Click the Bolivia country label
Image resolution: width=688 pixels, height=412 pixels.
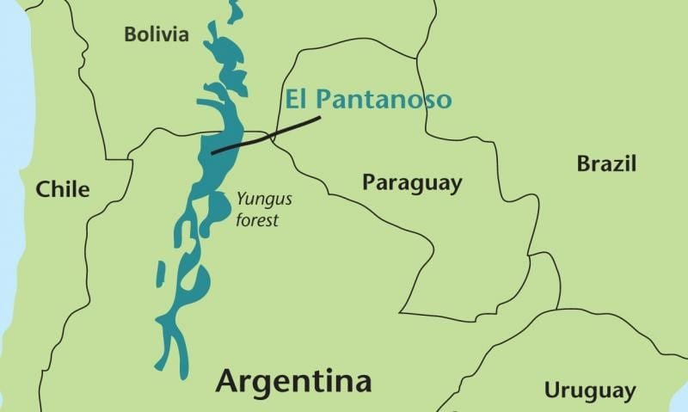(x=156, y=35)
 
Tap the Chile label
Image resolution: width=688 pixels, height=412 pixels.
(x=62, y=189)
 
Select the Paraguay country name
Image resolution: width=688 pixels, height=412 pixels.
(x=411, y=183)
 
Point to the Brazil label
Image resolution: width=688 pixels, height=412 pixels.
(x=606, y=163)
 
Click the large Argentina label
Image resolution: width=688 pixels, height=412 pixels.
(x=293, y=380)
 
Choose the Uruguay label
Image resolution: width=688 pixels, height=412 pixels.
(x=590, y=390)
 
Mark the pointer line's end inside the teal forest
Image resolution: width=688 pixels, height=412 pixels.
(x=212, y=153)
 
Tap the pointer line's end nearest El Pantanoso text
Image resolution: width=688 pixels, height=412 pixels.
(x=320, y=117)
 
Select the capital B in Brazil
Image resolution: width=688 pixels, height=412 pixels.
(x=583, y=163)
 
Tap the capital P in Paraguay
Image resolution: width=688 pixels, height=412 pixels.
(x=368, y=183)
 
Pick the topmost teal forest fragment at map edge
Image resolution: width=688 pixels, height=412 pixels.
(x=233, y=10)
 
